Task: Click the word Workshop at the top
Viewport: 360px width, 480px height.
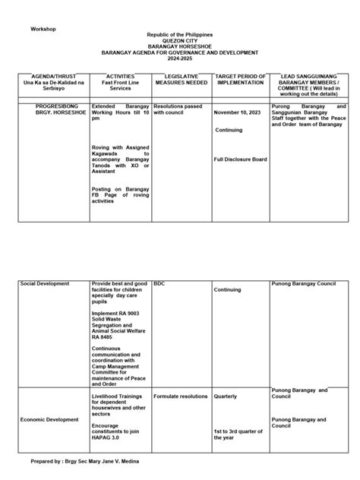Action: click(x=43, y=29)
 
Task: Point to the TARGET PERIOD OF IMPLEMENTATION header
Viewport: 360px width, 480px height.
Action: click(x=240, y=80)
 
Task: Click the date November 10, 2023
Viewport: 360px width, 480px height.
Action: click(x=238, y=113)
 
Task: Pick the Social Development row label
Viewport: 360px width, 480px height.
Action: click(x=45, y=283)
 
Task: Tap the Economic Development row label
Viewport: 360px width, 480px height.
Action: click(x=49, y=419)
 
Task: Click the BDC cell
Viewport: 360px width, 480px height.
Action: click(x=159, y=283)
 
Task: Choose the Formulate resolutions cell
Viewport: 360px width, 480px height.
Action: click(x=181, y=396)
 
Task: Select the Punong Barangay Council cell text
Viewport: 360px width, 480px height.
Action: click(x=303, y=283)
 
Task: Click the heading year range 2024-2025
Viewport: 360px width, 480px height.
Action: click(x=180, y=58)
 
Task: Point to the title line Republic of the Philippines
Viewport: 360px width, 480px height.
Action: click(x=180, y=35)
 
